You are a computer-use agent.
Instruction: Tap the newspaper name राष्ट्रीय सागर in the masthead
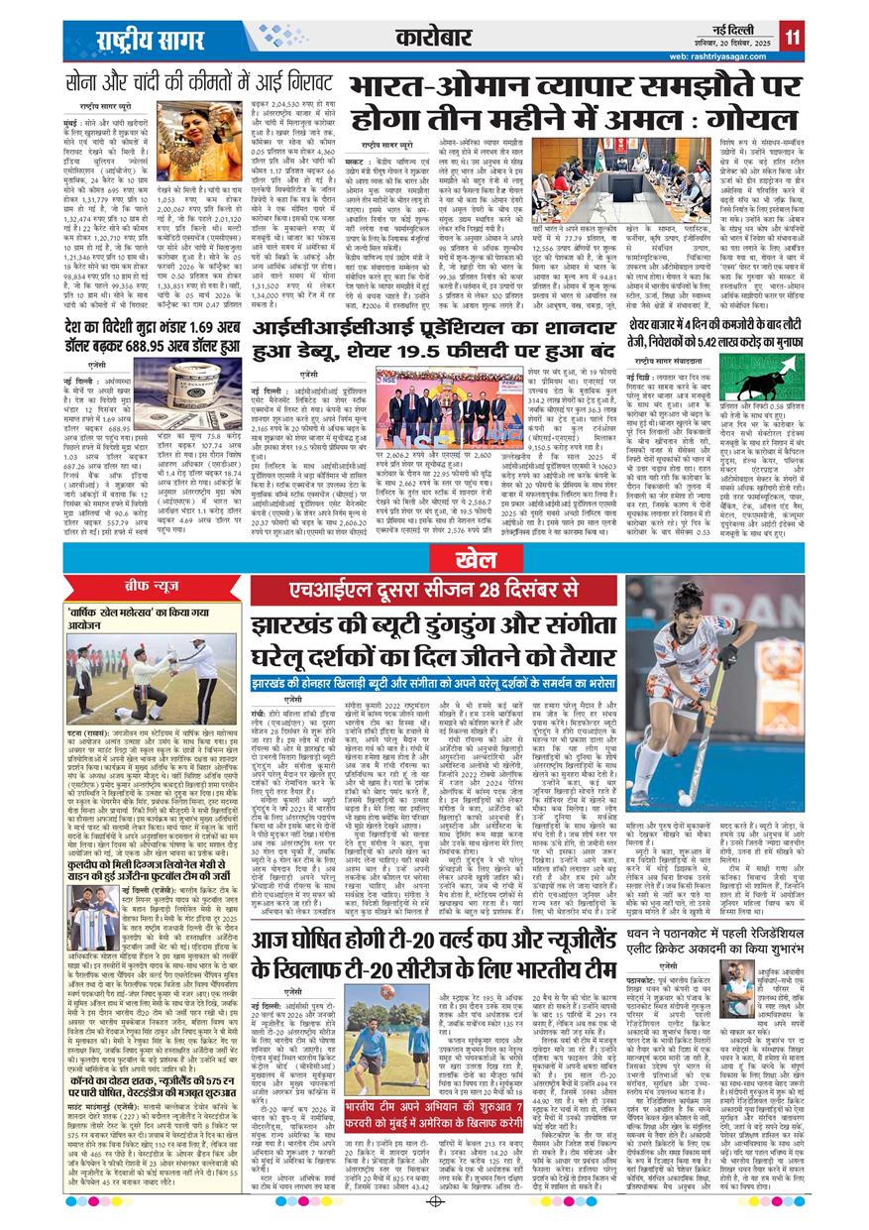[x=135, y=40]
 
